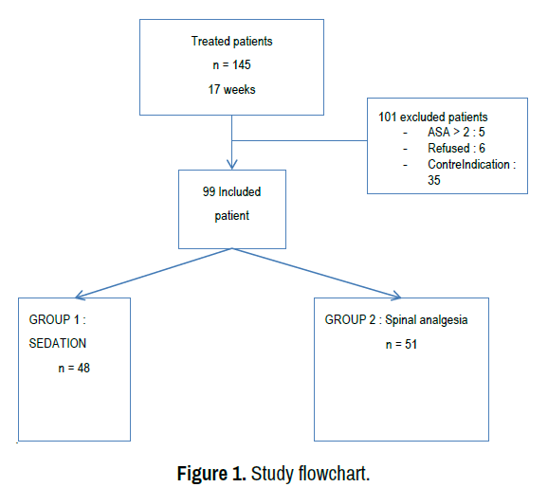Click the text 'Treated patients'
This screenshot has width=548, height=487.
231,42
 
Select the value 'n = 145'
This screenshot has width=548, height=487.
231,65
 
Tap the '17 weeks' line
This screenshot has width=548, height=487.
231,89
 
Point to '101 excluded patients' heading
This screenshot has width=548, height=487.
432,117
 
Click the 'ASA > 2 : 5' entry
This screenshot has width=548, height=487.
456,132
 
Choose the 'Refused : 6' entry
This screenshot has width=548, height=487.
456,148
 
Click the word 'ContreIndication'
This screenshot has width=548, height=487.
468,164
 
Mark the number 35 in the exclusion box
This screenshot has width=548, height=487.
433,180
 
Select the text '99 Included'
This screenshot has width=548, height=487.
231,191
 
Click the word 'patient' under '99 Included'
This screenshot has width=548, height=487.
231,216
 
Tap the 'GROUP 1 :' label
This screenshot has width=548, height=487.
57,319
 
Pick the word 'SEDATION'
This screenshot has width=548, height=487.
57,343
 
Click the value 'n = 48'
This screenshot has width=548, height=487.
74,368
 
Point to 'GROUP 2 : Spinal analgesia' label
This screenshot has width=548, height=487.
396,320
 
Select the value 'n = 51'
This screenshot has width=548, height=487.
401,345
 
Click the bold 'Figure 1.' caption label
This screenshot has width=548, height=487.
211,474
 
